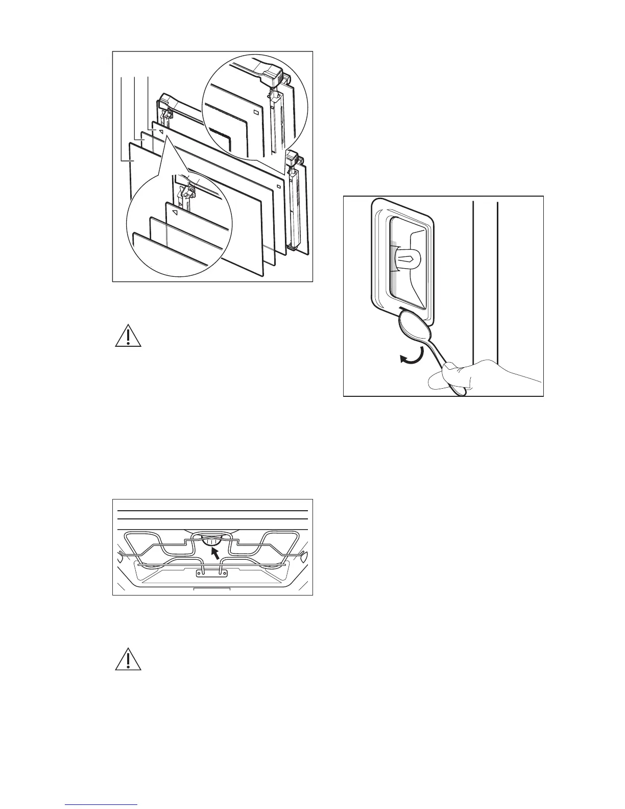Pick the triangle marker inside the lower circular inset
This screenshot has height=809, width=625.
[x=175, y=211]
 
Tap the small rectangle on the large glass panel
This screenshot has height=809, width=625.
[x=278, y=186]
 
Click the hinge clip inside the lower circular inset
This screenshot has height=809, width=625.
[x=187, y=193]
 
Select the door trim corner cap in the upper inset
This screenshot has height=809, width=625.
[x=274, y=77]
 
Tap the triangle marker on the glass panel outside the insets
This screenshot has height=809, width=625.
[x=160, y=132]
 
